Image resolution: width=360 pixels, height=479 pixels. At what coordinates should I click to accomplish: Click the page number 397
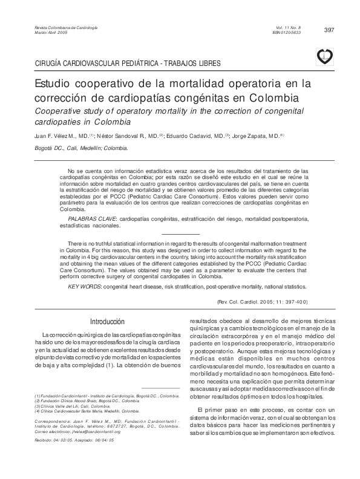point(330,30)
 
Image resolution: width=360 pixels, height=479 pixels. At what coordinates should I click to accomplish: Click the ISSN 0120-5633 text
point(287,33)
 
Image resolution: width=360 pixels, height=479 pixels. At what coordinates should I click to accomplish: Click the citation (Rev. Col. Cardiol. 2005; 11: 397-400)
point(262,301)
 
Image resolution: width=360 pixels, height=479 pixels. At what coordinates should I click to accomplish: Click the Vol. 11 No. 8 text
point(287,28)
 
